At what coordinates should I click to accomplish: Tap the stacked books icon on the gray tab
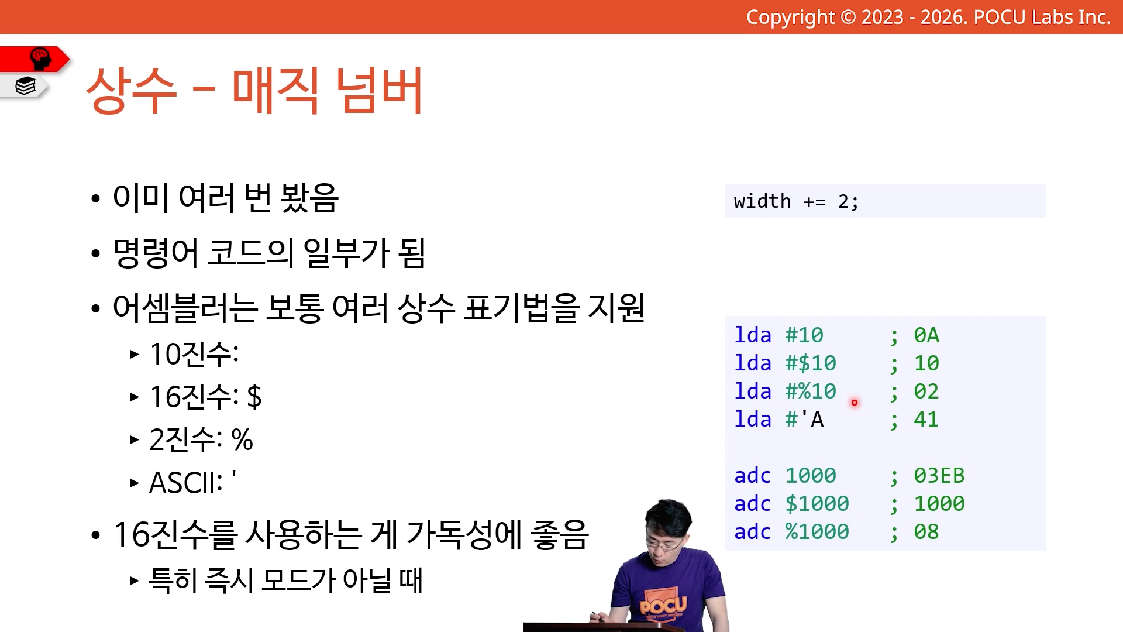click(x=26, y=86)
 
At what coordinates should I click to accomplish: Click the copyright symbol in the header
click(x=848, y=17)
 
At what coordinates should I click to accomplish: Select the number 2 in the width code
click(x=843, y=202)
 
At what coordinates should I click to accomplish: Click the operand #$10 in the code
click(x=811, y=363)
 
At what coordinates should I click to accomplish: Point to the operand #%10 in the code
click(x=811, y=391)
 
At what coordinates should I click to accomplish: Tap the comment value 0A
click(x=926, y=335)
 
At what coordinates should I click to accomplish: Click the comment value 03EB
click(x=939, y=476)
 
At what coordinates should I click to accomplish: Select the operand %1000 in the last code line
click(x=817, y=532)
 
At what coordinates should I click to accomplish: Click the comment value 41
click(x=926, y=420)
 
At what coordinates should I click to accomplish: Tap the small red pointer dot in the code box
click(x=855, y=403)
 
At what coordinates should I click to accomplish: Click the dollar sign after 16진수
click(x=254, y=397)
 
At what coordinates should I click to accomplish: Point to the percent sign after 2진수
click(x=242, y=439)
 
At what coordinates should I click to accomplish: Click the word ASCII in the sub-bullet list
click(x=182, y=483)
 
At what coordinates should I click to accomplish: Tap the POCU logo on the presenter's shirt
click(x=663, y=604)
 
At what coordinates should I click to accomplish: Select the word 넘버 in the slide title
click(x=380, y=90)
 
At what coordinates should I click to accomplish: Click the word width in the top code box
click(x=762, y=201)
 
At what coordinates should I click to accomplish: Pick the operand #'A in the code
click(x=804, y=420)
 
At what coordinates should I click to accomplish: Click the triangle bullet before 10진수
click(x=135, y=354)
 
